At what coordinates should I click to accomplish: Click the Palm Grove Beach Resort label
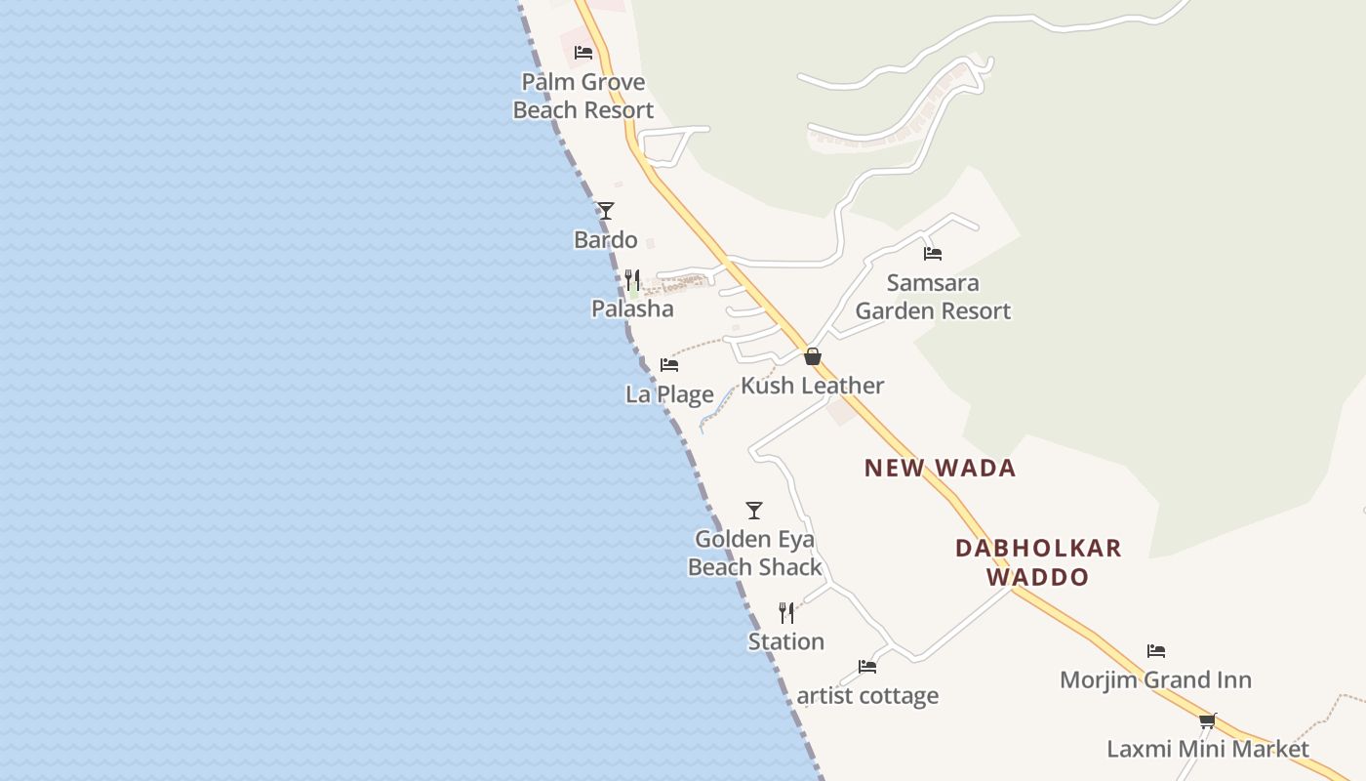point(583,96)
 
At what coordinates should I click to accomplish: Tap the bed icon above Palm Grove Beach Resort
point(583,53)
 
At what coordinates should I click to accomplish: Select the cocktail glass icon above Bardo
point(606,210)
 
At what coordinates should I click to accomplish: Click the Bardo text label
point(606,240)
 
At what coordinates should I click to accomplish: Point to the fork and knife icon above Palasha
point(632,280)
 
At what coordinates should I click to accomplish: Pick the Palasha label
point(632,309)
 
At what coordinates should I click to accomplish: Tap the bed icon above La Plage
point(669,365)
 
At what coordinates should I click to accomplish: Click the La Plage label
point(669,394)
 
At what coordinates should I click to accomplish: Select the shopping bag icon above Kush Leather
point(813,356)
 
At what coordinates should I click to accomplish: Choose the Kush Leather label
point(813,386)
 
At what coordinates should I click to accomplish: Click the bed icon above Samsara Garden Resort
point(933,254)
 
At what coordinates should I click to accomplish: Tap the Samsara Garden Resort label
point(933,297)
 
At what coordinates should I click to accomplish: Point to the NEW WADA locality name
point(941,469)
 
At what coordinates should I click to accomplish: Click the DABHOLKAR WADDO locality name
point(1038,562)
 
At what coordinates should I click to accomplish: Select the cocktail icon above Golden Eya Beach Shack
point(754,510)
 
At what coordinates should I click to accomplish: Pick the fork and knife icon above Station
point(786,612)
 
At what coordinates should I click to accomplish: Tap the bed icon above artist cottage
point(867,667)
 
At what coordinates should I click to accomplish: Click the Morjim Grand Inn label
point(1156,680)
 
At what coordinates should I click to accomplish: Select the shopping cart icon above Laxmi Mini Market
point(1208,720)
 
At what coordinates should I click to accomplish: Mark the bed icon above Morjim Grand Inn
point(1156,651)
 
